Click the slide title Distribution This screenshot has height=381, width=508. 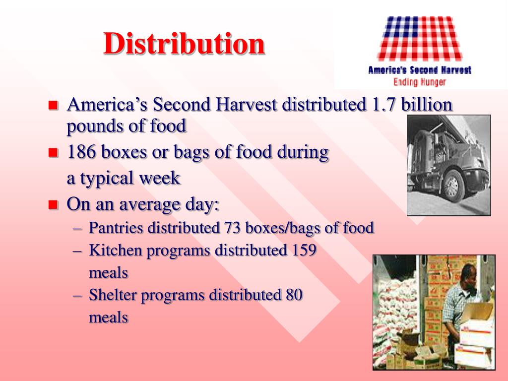click(x=184, y=44)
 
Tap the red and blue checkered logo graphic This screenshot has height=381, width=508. click(x=420, y=38)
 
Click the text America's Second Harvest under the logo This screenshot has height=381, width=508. click(x=420, y=70)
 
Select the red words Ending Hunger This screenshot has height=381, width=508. click(x=420, y=82)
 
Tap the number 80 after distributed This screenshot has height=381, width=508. click(x=294, y=295)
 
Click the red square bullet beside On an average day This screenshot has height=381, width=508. click(x=54, y=204)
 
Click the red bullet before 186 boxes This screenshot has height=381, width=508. click(x=54, y=152)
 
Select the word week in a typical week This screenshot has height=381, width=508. click(x=161, y=178)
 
